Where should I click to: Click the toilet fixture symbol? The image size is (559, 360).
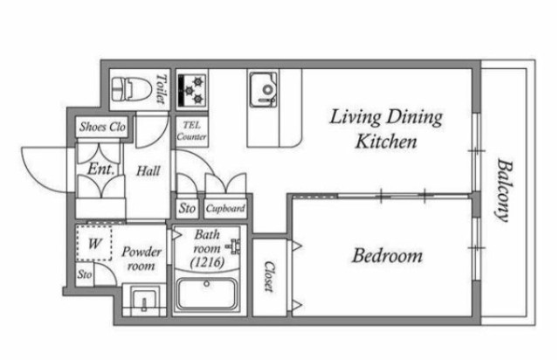pos(128,89)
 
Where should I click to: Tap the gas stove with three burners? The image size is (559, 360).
pos(192,91)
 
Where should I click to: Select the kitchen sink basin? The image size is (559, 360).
pos(264,89)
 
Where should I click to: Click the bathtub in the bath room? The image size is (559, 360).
pos(207,294)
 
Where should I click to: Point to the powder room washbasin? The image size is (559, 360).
pos(144,300)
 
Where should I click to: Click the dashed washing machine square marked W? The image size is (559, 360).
pos(94,243)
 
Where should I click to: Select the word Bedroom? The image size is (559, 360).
pos(387,256)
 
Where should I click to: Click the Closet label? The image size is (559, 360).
pos(270,276)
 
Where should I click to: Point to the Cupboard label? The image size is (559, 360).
pos(225,208)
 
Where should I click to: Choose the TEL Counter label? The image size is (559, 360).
pos(192,131)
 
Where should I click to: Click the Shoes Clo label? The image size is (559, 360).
pos(103,127)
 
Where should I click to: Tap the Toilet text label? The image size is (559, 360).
pos(162,89)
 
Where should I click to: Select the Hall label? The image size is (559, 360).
pos(148,171)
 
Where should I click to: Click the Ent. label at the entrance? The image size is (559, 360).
pos(100,170)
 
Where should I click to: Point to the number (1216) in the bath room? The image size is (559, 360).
pos(208,263)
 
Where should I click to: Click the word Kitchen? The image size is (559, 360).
pos(386,142)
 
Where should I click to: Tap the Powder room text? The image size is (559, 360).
pos(141,259)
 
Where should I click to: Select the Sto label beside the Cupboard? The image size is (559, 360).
pos(187,208)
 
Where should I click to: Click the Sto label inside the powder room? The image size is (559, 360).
pos(85,274)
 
